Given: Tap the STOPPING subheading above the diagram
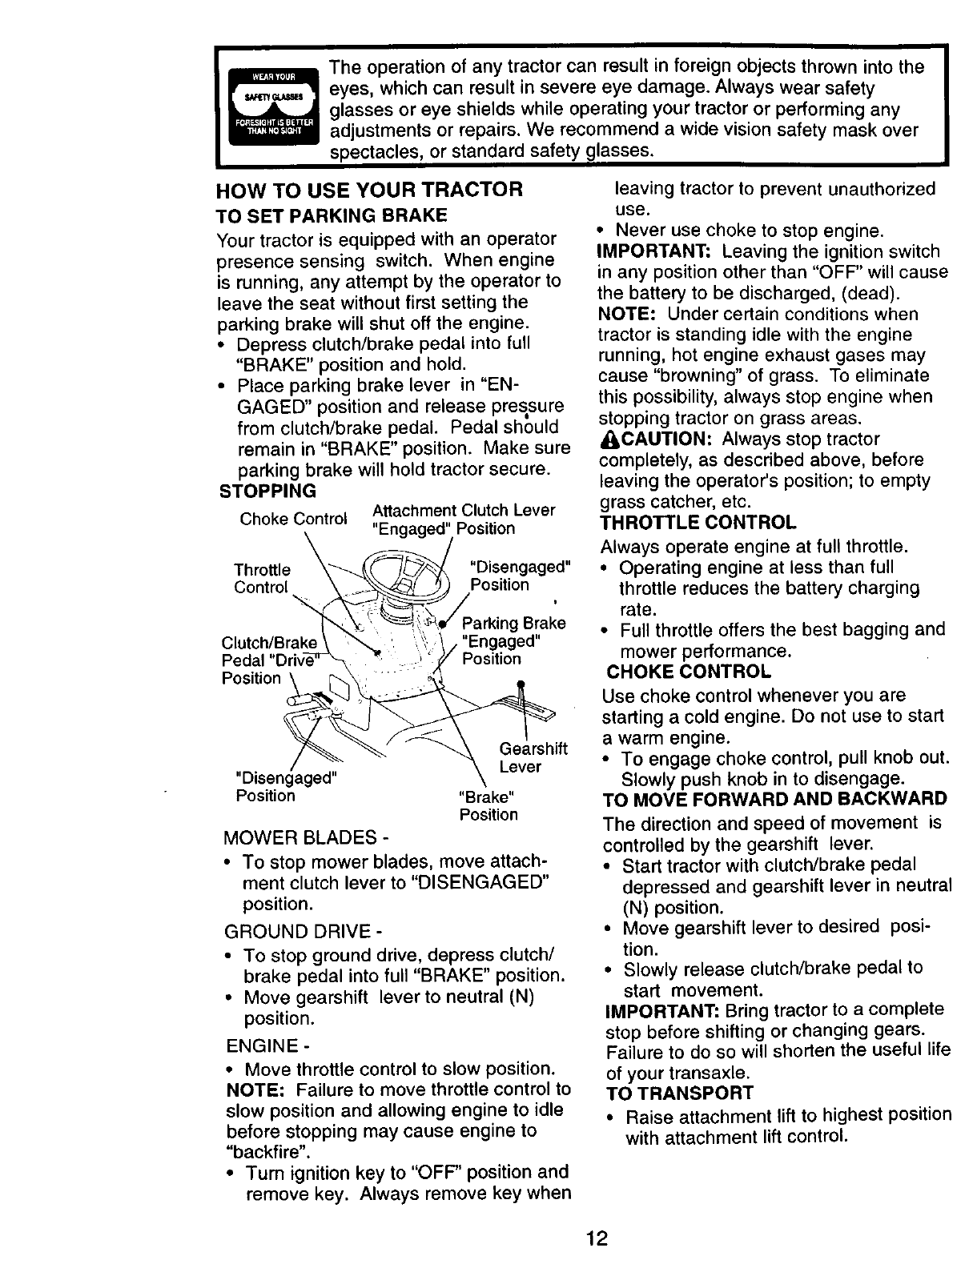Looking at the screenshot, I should (268, 490).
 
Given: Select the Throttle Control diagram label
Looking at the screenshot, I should (262, 578).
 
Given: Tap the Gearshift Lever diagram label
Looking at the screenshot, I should (533, 757).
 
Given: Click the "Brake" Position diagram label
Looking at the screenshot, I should (488, 806).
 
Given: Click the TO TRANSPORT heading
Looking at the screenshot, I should (679, 1093).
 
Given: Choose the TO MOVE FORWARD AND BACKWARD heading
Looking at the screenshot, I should (774, 799).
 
